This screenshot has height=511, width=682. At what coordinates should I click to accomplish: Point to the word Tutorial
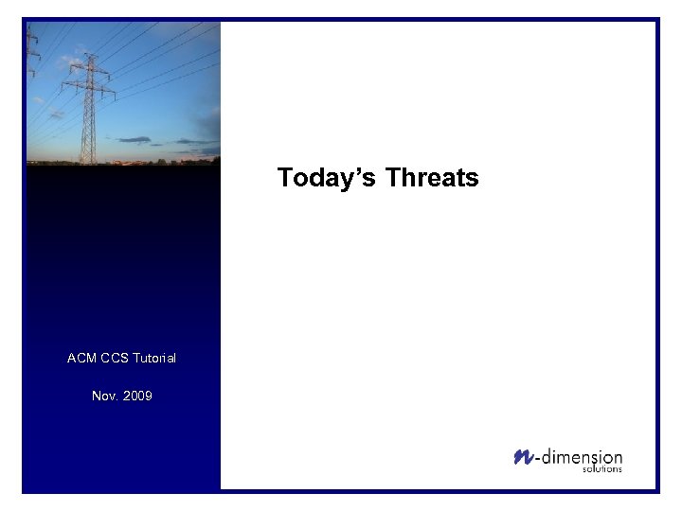[154, 358]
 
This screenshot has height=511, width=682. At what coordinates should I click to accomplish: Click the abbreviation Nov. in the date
[105, 396]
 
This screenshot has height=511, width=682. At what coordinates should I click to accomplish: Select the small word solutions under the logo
[602, 469]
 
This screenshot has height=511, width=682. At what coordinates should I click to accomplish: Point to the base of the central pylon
[88, 161]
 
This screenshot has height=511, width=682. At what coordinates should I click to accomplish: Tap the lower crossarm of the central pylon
[88, 92]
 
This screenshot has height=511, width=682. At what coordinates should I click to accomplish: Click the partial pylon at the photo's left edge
[31, 57]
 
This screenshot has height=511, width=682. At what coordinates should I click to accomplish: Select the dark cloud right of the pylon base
[135, 140]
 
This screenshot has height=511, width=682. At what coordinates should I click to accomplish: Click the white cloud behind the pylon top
[71, 62]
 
